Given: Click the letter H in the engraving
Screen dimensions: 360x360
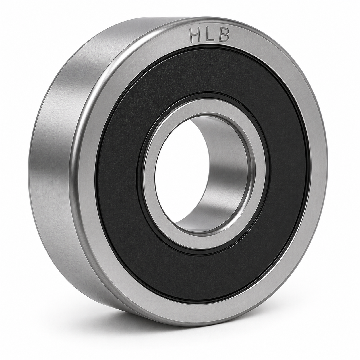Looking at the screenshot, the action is point(196,35).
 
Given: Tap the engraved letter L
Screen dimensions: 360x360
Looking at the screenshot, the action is point(209,35).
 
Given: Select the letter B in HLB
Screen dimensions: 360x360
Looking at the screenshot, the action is point(223,35).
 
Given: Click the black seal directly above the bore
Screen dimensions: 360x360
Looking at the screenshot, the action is point(204,75).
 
